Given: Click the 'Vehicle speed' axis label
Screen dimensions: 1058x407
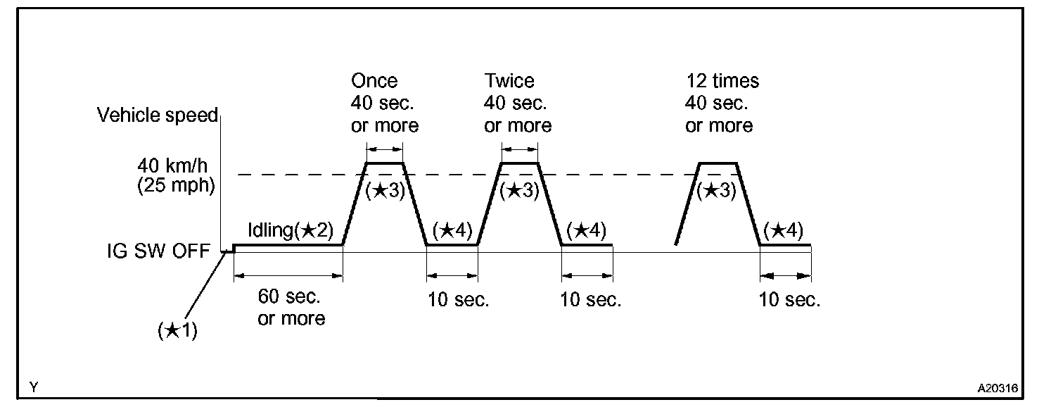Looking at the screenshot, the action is point(158,115).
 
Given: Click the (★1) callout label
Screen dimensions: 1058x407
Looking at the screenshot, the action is point(177,331).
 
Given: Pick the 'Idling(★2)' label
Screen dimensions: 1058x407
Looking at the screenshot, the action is point(290,230).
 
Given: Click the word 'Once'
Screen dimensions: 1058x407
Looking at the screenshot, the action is point(374,81).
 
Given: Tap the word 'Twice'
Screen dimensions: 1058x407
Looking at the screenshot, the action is point(509,81).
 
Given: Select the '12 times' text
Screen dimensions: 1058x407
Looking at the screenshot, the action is point(722,81).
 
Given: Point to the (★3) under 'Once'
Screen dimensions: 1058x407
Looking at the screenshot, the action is point(385,191).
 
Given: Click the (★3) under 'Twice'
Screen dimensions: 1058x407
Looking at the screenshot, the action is point(519,191).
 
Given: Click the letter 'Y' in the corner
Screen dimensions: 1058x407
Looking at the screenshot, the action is point(33,387).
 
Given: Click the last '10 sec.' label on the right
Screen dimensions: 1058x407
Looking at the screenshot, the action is point(789,300).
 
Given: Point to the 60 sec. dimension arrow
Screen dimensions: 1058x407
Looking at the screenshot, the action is point(288,275).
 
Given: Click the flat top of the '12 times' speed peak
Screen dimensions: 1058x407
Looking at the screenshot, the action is point(718,163).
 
